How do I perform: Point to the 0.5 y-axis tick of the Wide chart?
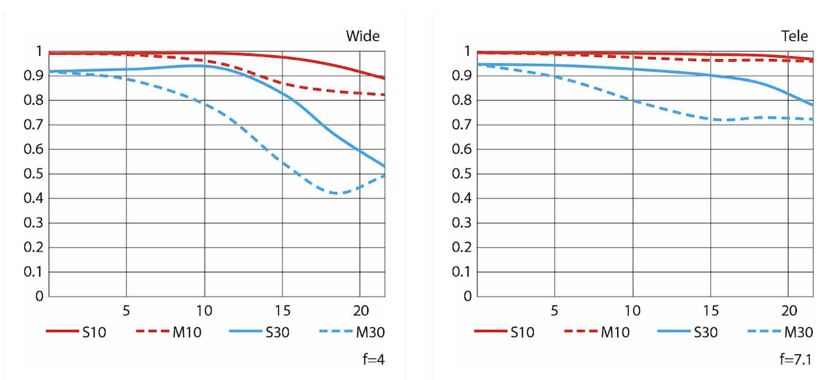[x=33, y=174]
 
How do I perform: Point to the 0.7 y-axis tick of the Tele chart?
[x=462, y=126]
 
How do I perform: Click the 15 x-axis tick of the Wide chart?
[x=282, y=309]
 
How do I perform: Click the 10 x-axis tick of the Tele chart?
[x=632, y=309]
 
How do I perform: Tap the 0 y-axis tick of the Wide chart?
[x=39, y=297]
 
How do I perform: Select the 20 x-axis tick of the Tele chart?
[x=789, y=309]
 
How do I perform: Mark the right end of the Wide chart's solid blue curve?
[x=385, y=166]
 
